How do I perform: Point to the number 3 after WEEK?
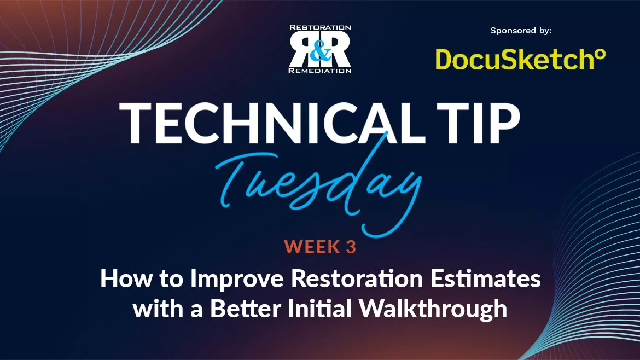[351, 247]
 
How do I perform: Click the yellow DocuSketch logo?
[512, 59]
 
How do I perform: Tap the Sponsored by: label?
[521, 31]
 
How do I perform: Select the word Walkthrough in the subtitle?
[432, 309]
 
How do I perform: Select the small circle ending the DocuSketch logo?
[600, 54]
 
